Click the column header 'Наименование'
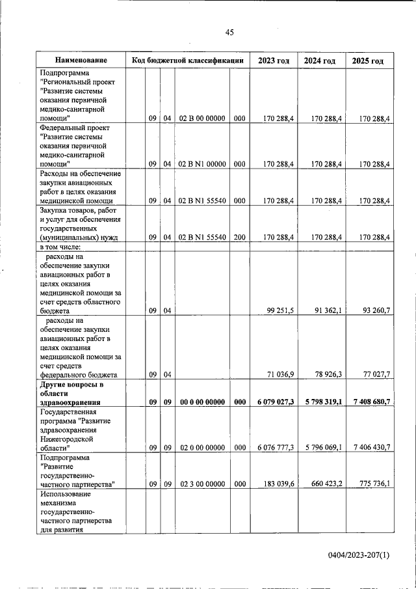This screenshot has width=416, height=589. click(81, 61)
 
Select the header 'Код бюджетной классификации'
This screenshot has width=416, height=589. click(187, 61)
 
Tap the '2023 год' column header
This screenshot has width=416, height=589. click(274, 61)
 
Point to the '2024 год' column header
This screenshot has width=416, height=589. click(320, 61)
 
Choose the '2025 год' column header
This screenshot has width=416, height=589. click(368, 61)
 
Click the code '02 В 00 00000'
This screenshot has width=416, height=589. click(201, 118)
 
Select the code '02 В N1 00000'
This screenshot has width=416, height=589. click(201, 164)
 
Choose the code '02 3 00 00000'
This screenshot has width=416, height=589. click(201, 484)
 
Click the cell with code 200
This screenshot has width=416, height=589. click(239, 238)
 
